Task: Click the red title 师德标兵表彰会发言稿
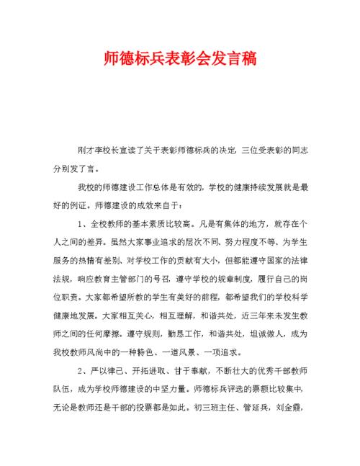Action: coord(179,57)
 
